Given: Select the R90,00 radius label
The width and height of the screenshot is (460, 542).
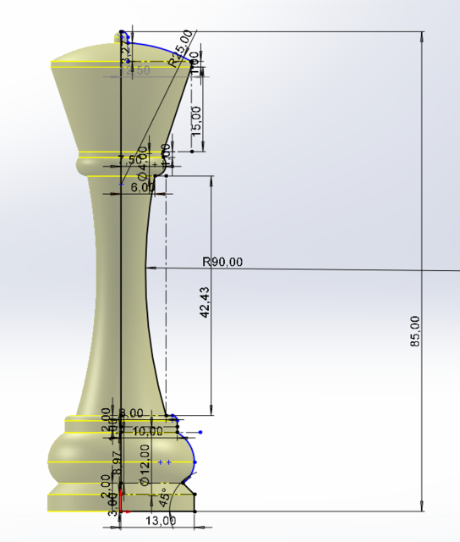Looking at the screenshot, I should tap(222, 262).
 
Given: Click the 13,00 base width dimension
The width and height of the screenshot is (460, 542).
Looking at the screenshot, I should tap(162, 520).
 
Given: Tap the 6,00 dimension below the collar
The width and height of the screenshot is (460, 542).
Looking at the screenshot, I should tap(143, 188).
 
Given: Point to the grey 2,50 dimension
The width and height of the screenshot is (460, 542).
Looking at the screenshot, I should tap(137, 70).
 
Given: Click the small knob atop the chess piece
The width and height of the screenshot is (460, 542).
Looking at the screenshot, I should tap(118, 36).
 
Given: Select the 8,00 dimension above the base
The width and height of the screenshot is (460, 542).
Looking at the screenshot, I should tap(131, 413).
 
